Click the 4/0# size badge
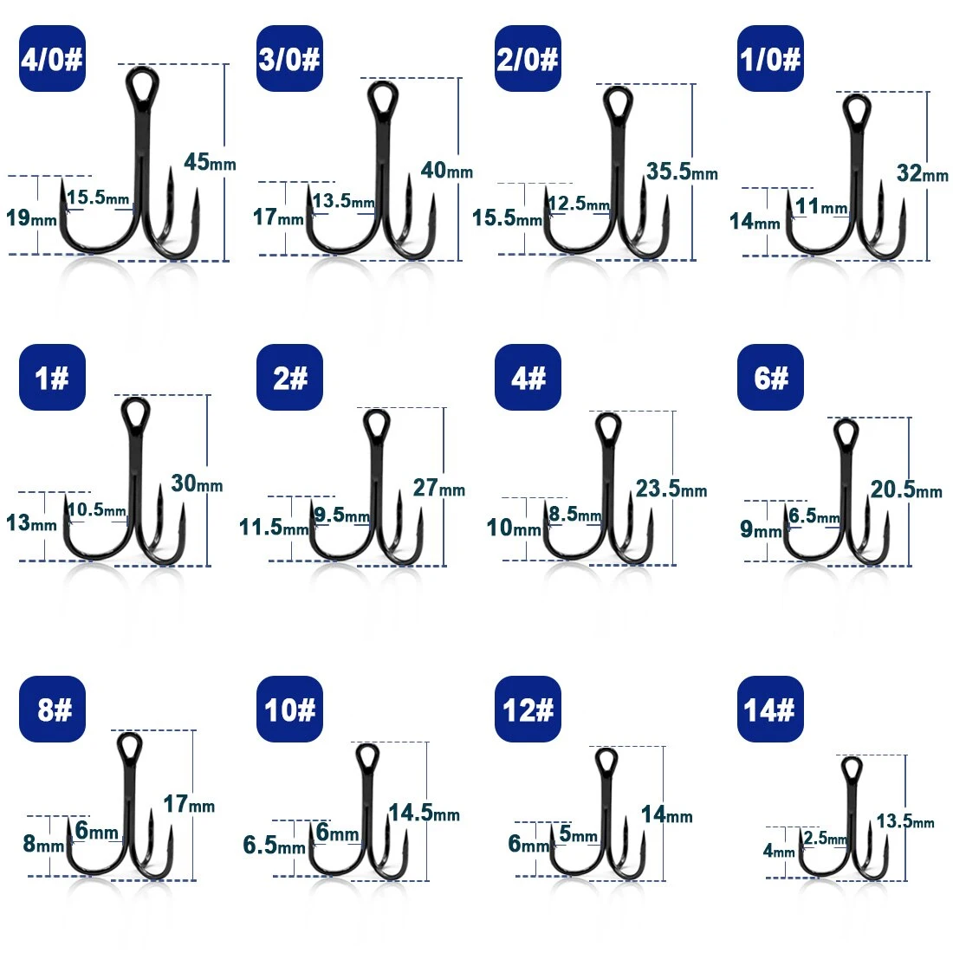tap(52, 58)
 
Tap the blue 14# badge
tap(770, 709)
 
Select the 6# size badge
tap(770, 377)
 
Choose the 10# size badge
tap(290, 709)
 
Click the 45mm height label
tap(210, 162)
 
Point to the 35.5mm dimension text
tap(682, 172)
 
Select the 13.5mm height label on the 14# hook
tap(905, 821)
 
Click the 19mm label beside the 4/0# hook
tap(31, 217)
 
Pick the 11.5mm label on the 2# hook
tap(274, 527)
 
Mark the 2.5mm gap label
tap(826, 838)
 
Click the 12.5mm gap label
tap(579, 203)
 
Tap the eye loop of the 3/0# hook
tap(383, 97)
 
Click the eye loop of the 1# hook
tap(135, 413)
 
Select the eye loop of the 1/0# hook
tap(857, 109)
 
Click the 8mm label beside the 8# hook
tap(43, 844)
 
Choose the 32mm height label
tap(923, 173)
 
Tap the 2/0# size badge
tap(528, 58)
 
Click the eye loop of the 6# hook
tap(846, 434)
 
